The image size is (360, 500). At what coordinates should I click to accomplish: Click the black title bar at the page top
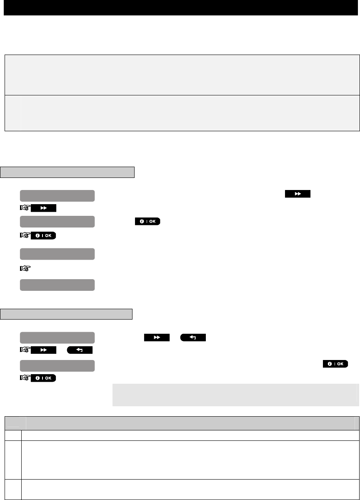coord(180,8)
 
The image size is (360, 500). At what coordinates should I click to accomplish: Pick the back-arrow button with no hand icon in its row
coord(193,337)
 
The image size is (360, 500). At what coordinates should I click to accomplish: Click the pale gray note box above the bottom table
coord(235,395)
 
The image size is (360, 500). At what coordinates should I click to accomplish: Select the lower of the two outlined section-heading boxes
coord(67,314)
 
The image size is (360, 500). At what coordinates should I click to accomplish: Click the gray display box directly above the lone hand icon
coord(57,254)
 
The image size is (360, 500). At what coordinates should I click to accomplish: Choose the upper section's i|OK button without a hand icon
coord(147,221)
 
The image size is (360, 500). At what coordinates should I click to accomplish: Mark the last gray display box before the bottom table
coord(57,365)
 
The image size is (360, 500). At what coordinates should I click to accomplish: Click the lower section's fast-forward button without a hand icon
coord(157,337)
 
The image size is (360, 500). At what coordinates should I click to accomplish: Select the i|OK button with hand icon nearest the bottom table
coord(43,378)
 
